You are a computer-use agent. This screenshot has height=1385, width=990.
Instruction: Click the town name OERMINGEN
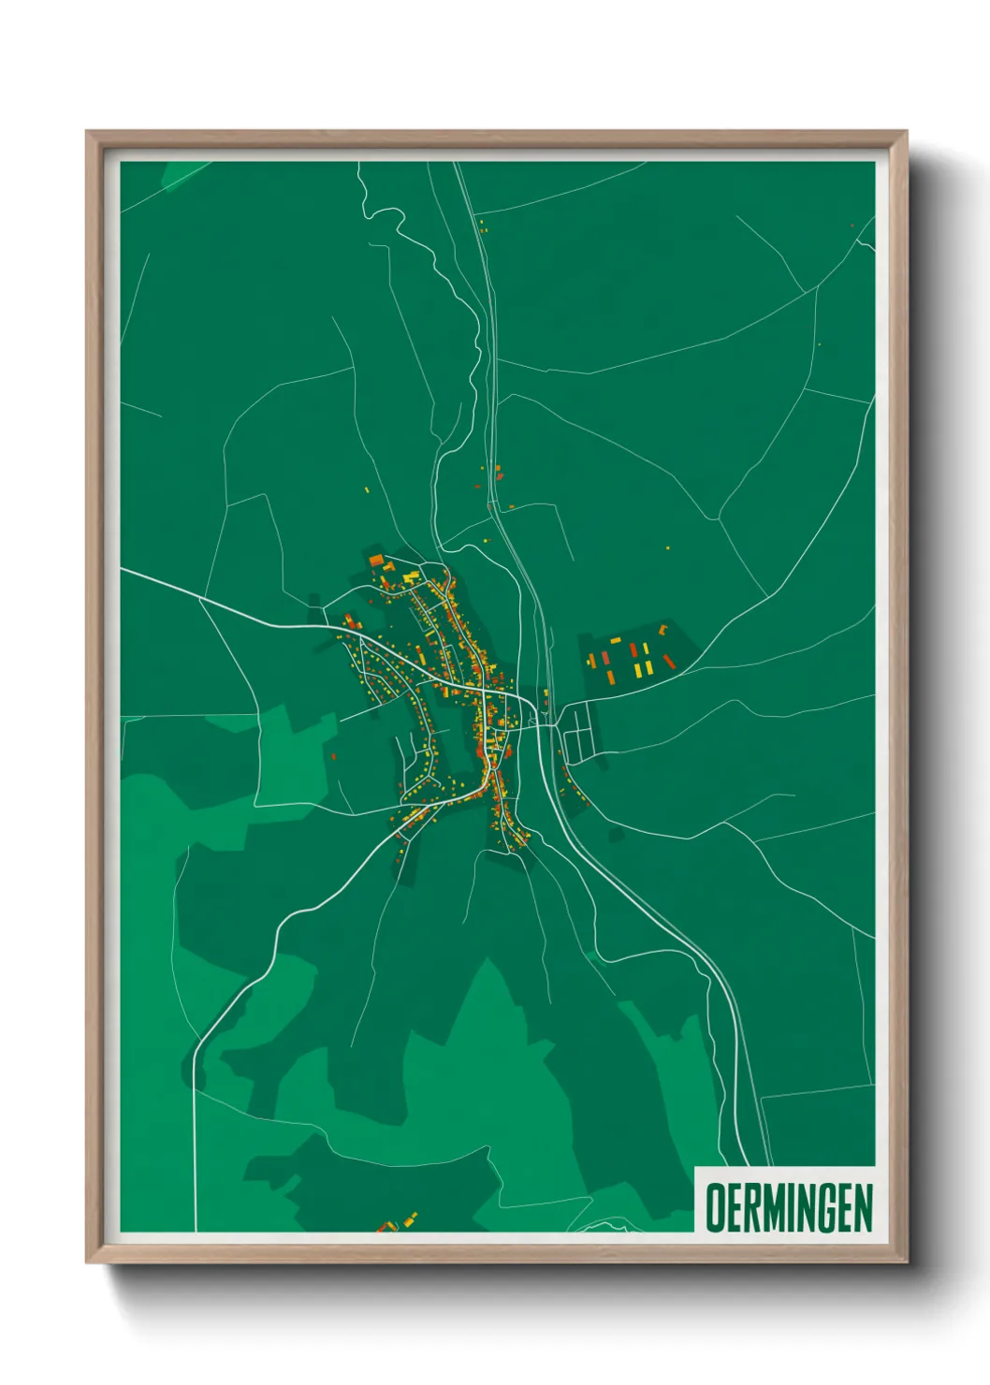[x=789, y=1207]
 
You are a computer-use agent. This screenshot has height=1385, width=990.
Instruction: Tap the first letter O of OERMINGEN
[x=716, y=1207]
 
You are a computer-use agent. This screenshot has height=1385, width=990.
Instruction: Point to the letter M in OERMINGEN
[x=782, y=1207]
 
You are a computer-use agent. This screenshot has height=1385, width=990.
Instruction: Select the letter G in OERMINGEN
[x=836, y=1207]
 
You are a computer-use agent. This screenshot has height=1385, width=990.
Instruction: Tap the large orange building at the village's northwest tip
[x=376, y=561]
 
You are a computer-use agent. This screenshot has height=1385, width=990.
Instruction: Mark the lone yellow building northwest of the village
[x=367, y=488]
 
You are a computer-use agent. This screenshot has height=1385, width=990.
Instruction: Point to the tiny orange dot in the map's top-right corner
[x=852, y=226]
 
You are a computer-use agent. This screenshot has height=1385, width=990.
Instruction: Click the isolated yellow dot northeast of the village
[x=667, y=548]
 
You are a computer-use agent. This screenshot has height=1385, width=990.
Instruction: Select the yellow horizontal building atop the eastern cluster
[x=616, y=641]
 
